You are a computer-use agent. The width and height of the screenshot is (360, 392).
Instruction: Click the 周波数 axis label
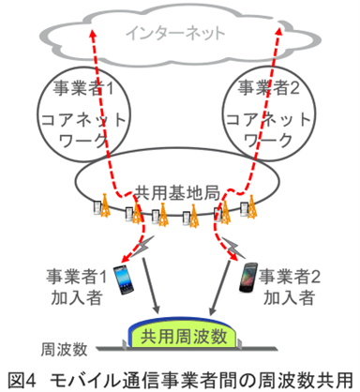[65, 349]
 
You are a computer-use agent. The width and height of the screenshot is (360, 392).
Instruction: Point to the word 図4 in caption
[20, 379]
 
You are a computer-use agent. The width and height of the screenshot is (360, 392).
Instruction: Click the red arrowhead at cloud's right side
[279, 34]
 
